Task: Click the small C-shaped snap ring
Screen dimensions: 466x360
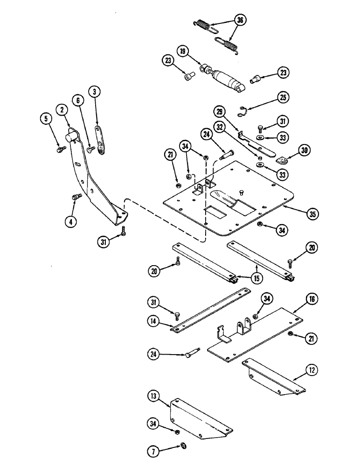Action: click(x=245, y=110)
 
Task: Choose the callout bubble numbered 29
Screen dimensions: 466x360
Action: click(x=220, y=112)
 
